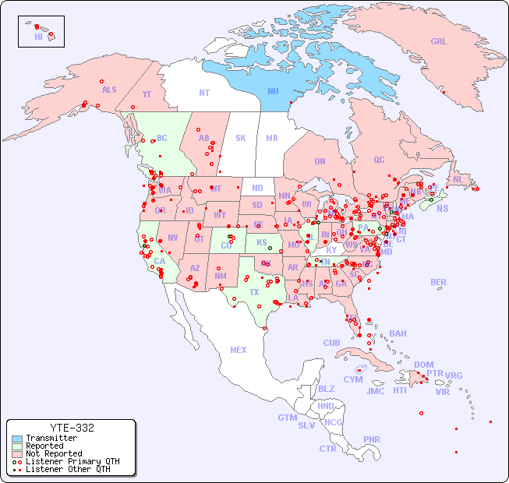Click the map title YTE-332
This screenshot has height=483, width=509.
tap(72, 428)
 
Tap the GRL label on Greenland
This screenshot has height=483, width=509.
tap(439, 42)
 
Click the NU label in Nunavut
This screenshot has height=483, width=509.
tap(273, 91)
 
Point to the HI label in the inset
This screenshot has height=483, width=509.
tap(38, 37)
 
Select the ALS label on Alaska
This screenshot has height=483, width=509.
tap(109, 90)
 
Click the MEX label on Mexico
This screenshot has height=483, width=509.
tap(238, 350)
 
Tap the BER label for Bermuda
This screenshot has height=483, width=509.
tap(438, 282)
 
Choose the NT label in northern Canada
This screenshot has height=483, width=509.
tap(203, 92)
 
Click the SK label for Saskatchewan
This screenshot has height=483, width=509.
tap(241, 138)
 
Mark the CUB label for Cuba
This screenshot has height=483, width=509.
tap(331, 343)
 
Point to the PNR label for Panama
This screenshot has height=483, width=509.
tap(372, 439)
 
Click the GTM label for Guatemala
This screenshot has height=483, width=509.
tap(287, 418)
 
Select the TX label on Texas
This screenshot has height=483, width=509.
tap(254, 292)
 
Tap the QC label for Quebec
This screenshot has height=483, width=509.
tap(379, 160)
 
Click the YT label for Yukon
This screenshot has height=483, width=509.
tap(147, 94)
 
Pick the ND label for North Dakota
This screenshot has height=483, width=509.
tap(257, 188)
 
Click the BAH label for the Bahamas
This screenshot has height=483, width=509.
tap(398, 333)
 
